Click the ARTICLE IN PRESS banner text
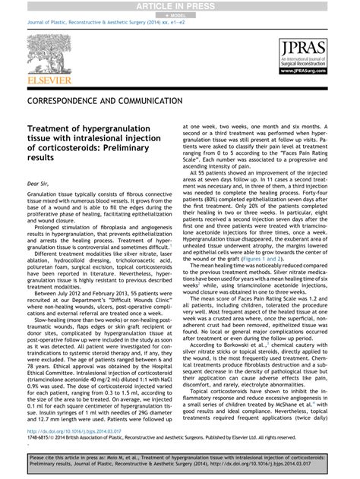(x=179, y=5)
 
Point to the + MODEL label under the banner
(x=179, y=14)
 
